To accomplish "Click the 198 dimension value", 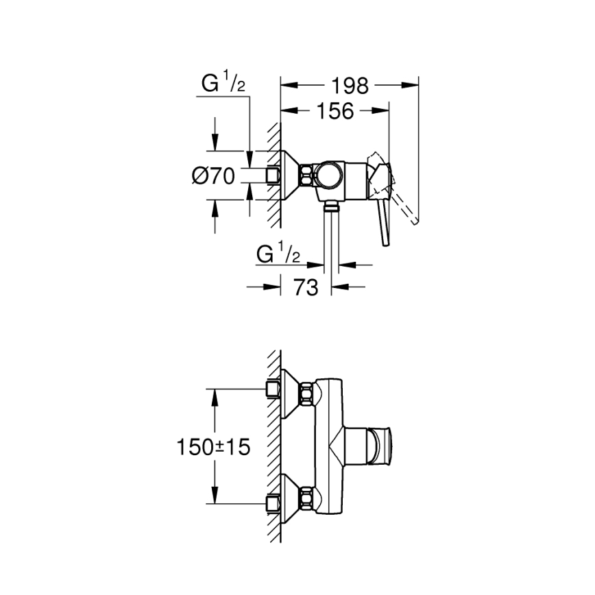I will [350, 86].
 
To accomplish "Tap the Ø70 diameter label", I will [213, 176].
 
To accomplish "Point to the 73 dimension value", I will [306, 288].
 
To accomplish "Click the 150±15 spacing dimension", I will [212, 448].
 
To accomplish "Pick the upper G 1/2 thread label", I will [223, 86].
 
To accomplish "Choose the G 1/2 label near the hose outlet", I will [278, 254].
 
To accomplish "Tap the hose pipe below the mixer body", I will [332, 240].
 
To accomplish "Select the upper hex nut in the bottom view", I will [305, 395].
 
